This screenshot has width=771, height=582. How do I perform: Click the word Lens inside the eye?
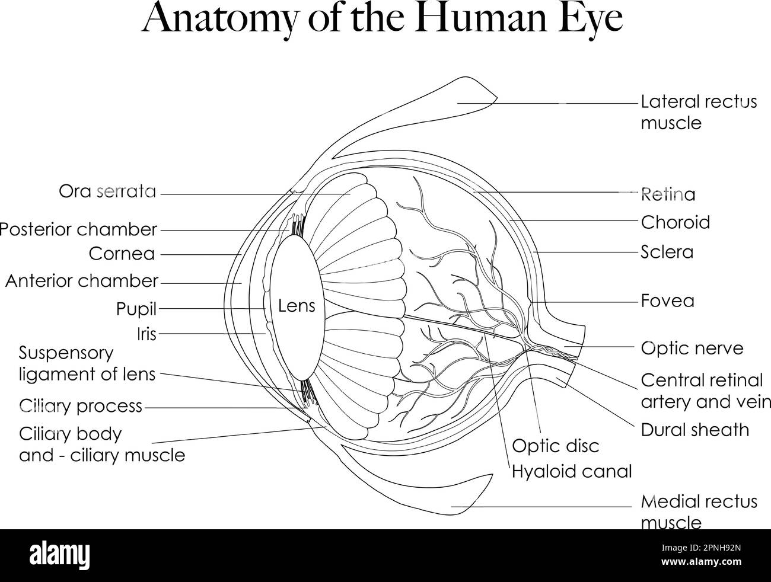(x=297, y=306)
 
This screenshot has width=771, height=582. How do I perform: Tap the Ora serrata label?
(x=107, y=191)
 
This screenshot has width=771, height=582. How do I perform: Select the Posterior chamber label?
(x=78, y=229)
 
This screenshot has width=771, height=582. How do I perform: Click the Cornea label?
(x=122, y=254)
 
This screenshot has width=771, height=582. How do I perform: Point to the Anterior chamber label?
(x=82, y=280)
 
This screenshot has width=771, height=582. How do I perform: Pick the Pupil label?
(x=136, y=309)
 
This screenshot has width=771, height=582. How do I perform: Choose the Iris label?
(x=146, y=334)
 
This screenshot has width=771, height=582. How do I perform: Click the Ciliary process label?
(x=81, y=406)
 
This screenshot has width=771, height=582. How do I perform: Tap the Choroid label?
(x=675, y=222)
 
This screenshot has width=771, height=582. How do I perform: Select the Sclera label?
(x=667, y=252)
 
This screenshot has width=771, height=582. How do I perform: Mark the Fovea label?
(x=667, y=301)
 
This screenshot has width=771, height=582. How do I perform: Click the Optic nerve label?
(x=692, y=348)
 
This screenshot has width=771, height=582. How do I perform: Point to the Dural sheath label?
(x=694, y=430)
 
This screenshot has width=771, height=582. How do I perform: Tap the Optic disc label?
(x=555, y=446)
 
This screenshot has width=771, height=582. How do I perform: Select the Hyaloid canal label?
(x=572, y=472)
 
